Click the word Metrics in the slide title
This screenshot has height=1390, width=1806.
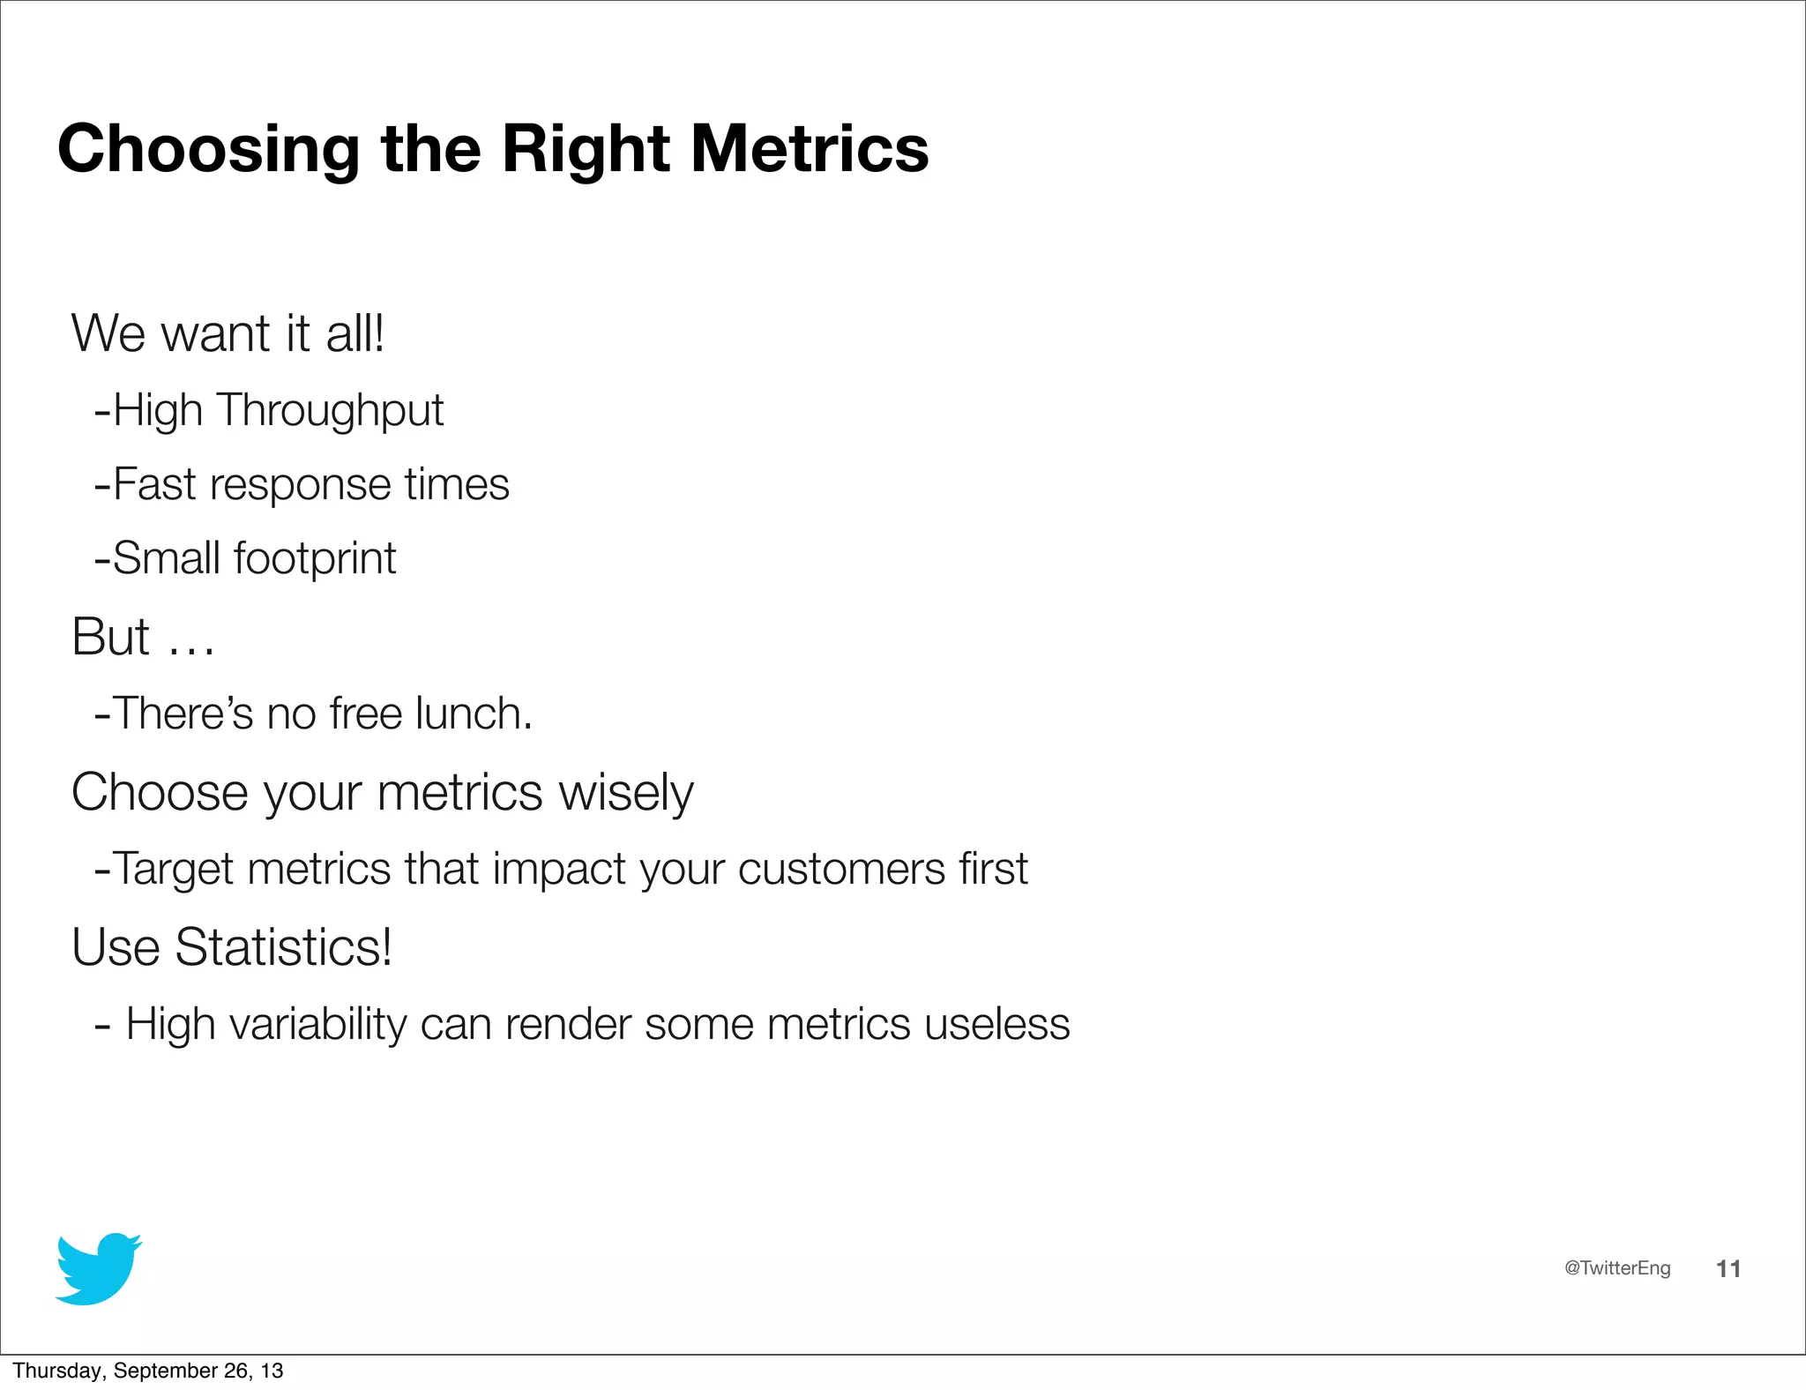point(809,148)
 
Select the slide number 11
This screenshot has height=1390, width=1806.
point(1728,1268)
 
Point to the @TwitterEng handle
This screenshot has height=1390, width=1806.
point(1616,1268)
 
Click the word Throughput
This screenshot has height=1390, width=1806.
point(331,411)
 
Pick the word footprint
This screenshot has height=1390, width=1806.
point(315,558)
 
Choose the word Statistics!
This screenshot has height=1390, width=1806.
point(283,947)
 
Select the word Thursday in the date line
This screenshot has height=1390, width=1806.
point(58,1371)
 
